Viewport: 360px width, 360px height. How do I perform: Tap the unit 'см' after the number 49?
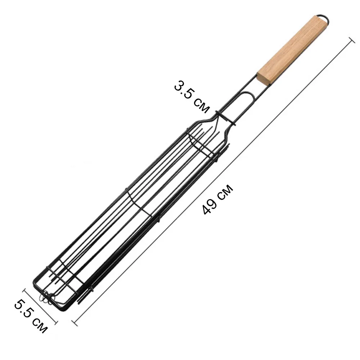click(x=225, y=191)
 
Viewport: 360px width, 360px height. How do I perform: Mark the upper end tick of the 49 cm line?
click(x=352, y=40)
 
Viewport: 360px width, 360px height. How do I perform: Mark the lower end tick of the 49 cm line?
click(x=75, y=323)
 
